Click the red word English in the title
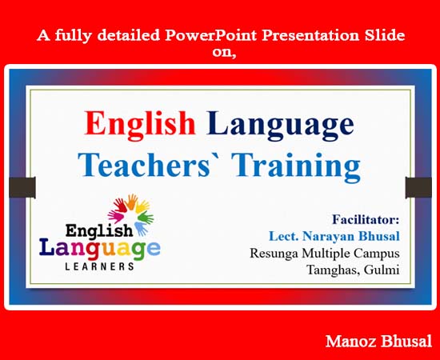coord(140,125)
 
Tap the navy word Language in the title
coord(280,125)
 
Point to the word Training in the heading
coord(297,166)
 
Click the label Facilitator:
coord(366,219)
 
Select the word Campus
coord(376,254)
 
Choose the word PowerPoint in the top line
coord(210,36)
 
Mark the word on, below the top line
coord(224,52)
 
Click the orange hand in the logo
coord(131,202)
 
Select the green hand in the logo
coord(146,217)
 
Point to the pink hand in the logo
coord(115,216)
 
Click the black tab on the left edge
coord(22,187)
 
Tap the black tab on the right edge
coord(418,187)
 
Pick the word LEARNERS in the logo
coord(100,266)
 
